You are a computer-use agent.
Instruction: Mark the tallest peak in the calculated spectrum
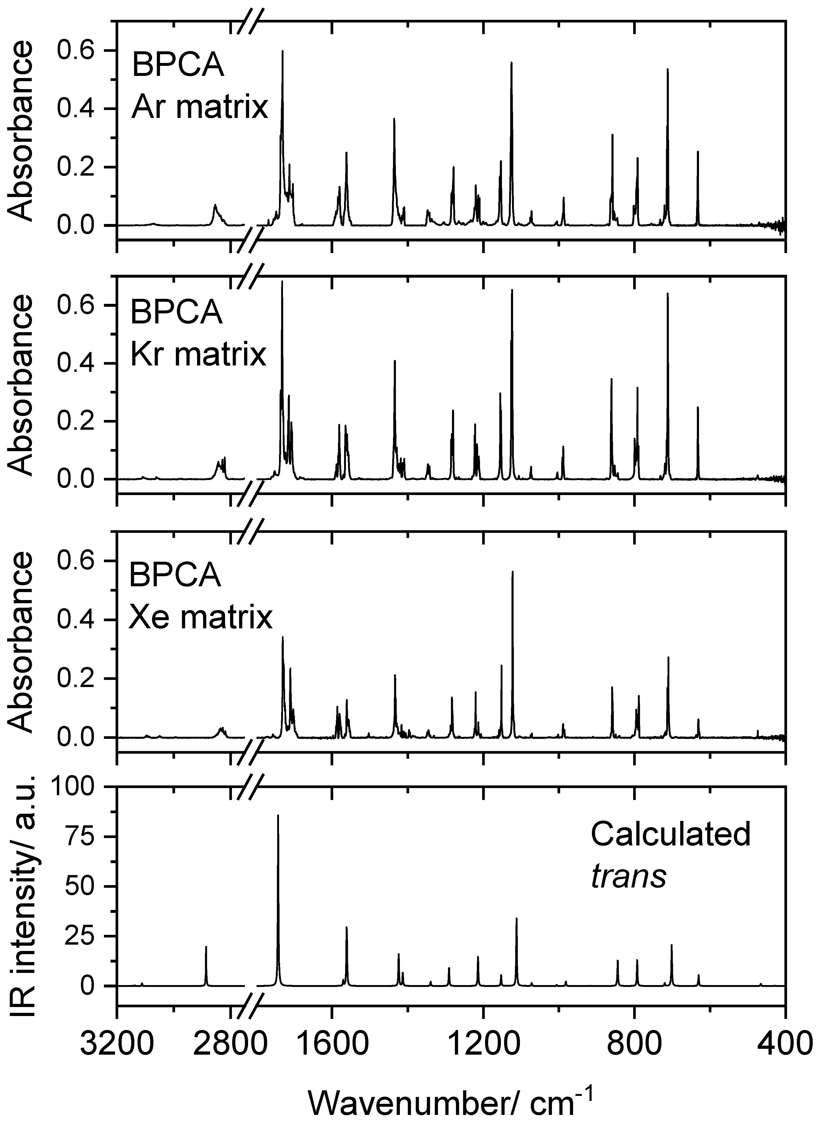278,816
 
